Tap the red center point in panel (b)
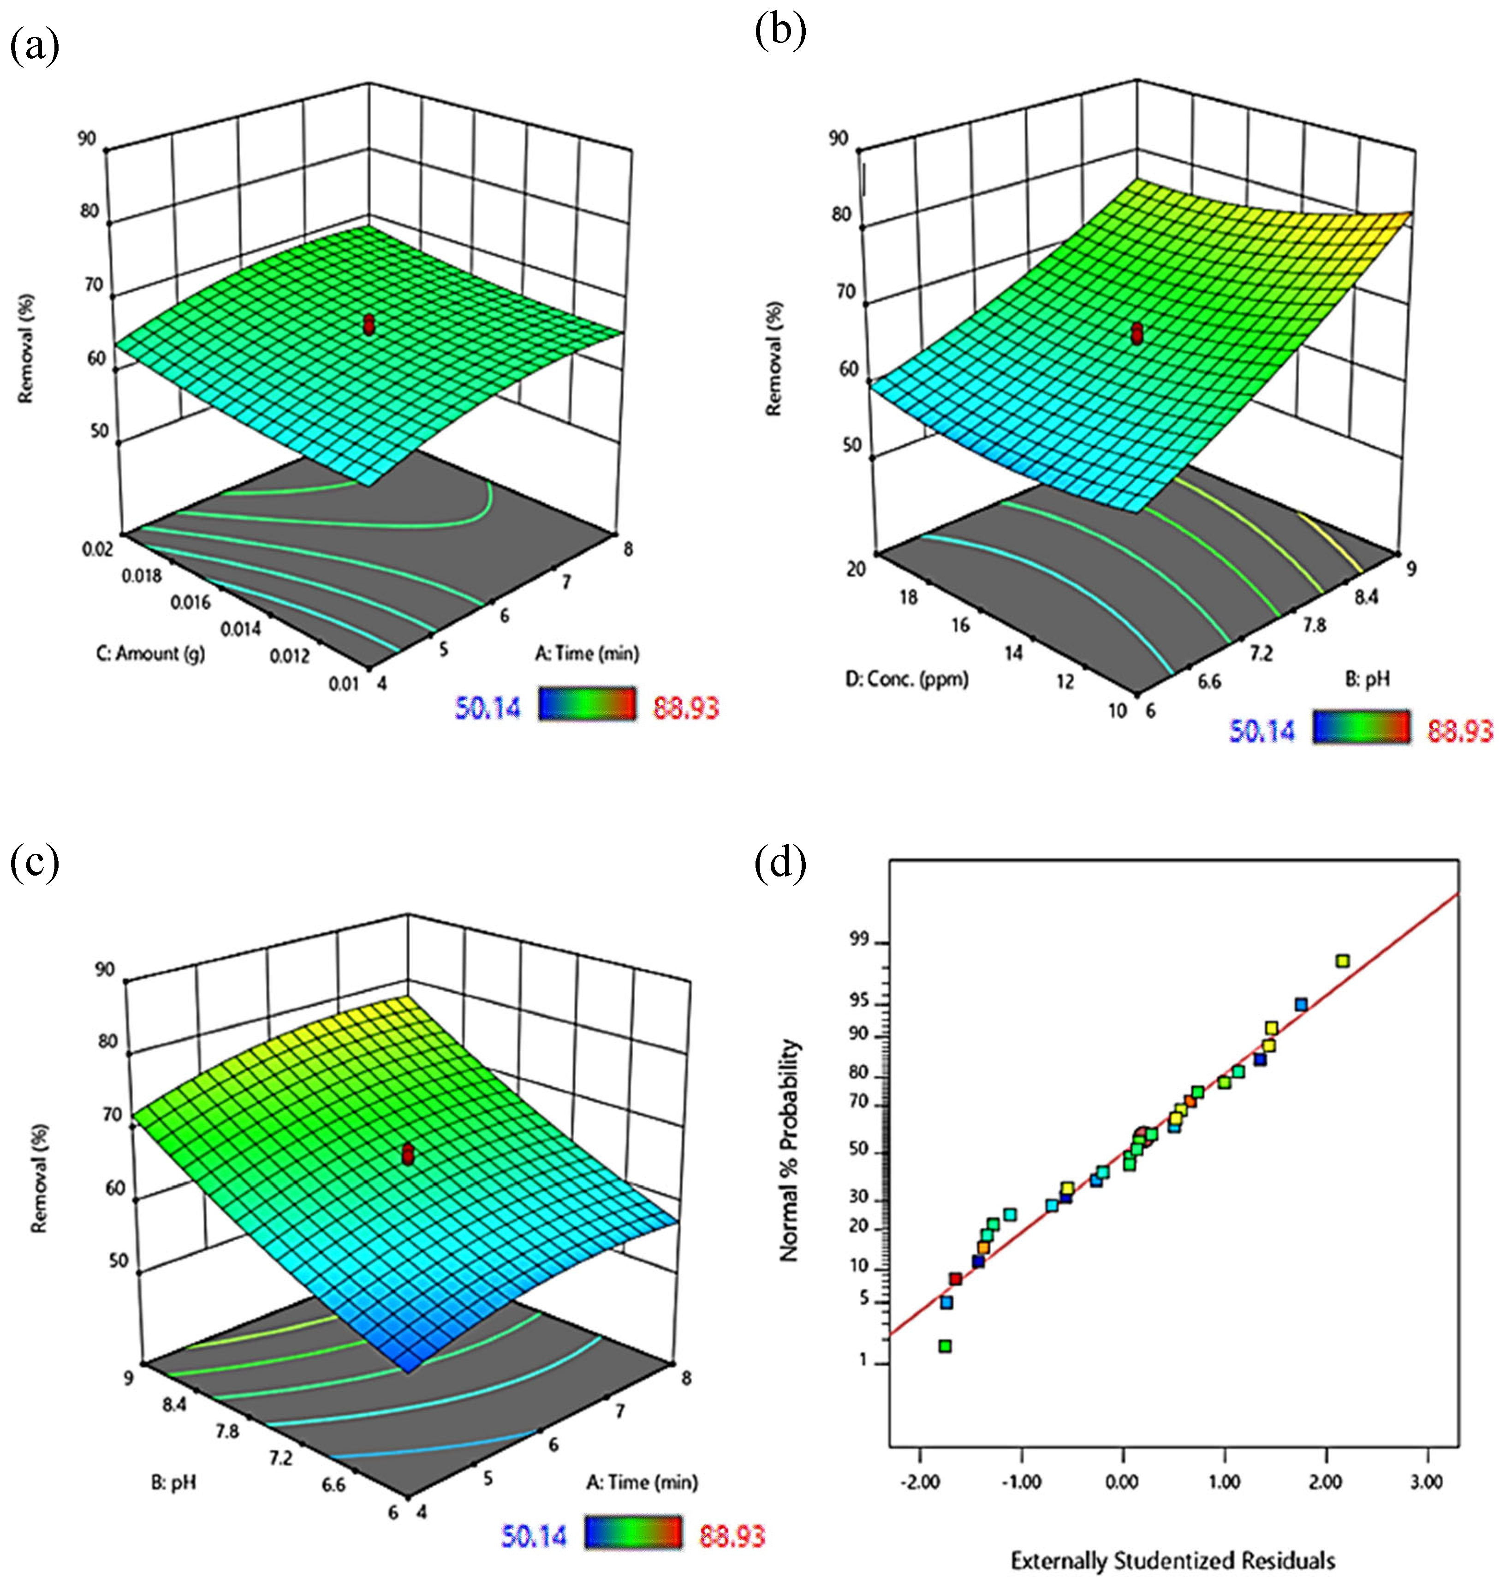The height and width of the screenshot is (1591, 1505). pos(1137,333)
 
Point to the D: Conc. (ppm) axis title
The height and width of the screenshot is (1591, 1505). pos(906,679)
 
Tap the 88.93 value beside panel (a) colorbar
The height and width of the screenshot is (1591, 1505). pos(686,707)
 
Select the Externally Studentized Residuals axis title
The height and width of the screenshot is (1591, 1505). pos(1173,1561)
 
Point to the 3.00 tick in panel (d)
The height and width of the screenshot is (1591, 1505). pos(1427,1481)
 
